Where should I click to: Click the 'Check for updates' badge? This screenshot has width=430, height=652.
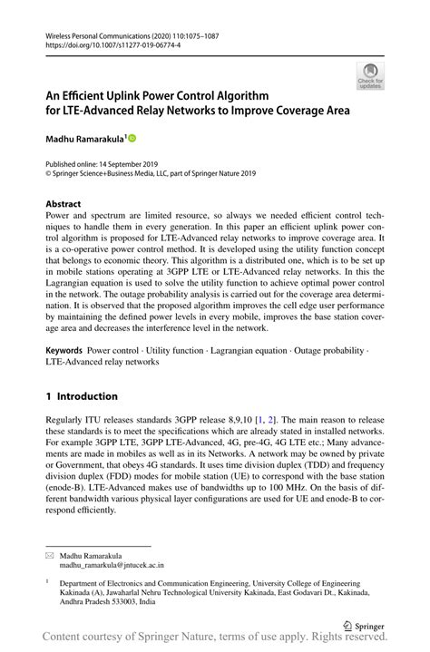[370, 75]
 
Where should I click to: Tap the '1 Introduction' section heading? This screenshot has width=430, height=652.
[82, 396]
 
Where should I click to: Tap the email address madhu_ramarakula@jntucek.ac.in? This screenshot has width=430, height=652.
[112, 563]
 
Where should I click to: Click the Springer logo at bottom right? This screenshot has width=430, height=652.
[363, 626]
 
